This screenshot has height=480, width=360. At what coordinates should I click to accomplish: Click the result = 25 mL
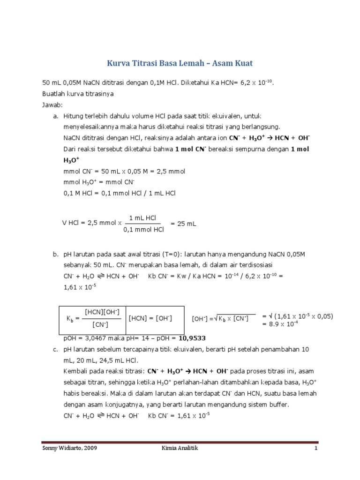(183, 224)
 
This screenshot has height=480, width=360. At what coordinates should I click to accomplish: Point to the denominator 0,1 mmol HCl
(143, 230)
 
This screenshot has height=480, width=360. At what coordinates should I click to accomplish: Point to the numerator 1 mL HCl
(143, 218)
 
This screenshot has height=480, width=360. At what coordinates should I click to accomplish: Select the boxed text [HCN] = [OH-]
(150, 319)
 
